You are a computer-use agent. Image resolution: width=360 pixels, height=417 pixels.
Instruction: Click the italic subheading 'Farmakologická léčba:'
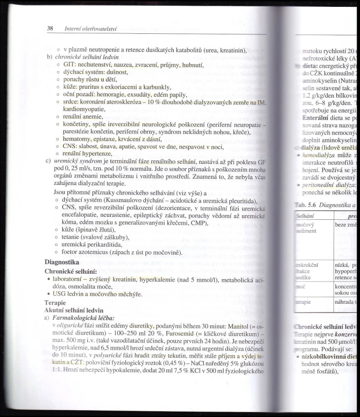pos(85,318)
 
